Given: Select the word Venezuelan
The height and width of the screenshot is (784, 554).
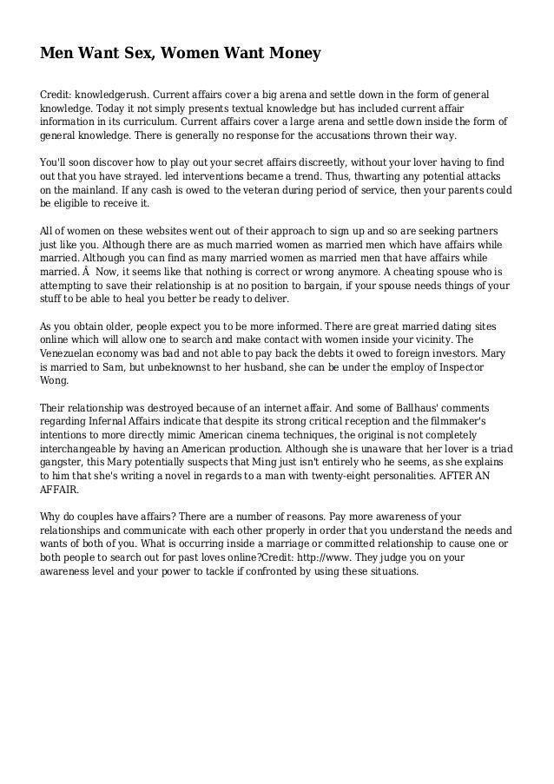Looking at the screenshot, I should click(73, 353).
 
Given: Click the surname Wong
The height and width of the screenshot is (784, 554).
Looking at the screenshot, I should click(56, 380).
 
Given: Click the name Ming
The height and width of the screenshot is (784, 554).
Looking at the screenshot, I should click(248, 463).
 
